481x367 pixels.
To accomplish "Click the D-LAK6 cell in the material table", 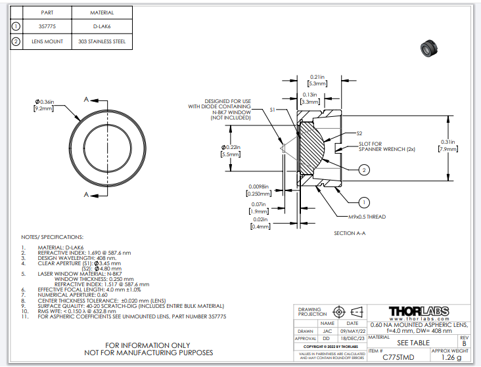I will tap(101, 27).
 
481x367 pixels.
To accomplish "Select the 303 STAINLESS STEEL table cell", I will tap(101, 41).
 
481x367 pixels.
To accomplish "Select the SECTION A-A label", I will tap(349, 233).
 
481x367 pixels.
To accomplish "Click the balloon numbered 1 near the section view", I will tap(365, 202).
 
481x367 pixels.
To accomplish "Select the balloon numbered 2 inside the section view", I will tap(364, 170).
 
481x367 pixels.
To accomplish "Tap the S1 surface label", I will tap(272, 112).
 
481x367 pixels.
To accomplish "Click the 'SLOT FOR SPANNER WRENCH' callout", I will tap(377, 146).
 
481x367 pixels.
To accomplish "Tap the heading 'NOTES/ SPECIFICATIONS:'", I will tap(53, 236).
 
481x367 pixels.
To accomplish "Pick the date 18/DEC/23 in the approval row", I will tap(352, 338).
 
